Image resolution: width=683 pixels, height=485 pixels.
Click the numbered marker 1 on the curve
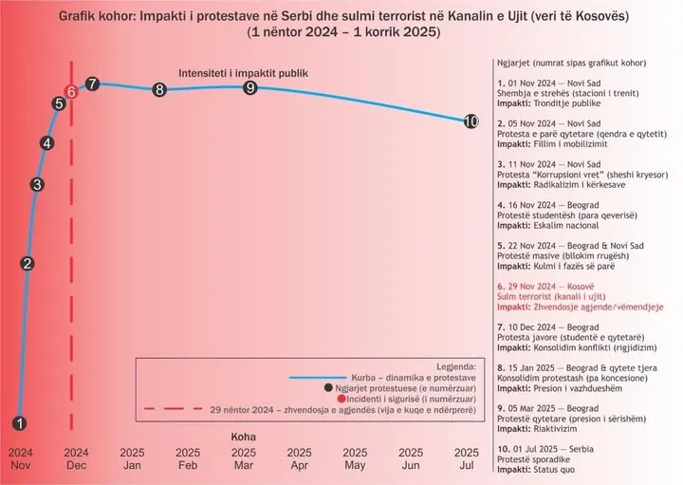[x=21, y=423]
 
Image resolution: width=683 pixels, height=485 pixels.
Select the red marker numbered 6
[x=71, y=91]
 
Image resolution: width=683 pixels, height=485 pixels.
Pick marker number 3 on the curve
[x=37, y=184]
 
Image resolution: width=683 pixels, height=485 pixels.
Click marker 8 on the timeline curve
[x=159, y=90]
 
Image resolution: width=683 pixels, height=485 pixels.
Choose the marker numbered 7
[x=92, y=84]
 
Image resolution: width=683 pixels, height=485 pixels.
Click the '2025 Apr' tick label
[x=300, y=459]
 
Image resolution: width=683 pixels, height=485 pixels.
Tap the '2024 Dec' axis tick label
[x=77, y=459]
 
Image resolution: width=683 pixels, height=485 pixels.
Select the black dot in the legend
[x=327, y=387]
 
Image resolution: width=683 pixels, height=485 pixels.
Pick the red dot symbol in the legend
[x=327, y=399]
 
